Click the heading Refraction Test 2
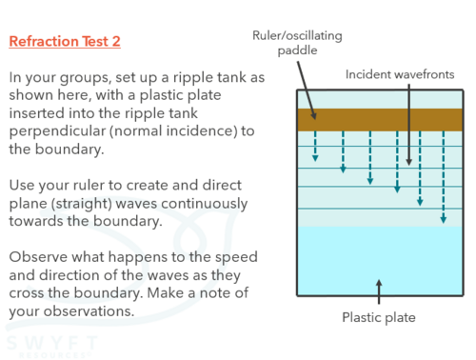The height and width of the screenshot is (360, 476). point(65,41)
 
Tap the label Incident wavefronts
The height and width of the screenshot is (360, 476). point(400,74)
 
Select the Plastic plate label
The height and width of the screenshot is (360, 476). point(379,317)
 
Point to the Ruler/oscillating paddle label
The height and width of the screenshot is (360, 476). point(297,43)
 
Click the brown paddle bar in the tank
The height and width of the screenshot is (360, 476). point(380,120)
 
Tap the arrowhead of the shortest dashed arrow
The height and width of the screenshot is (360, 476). point(315,158)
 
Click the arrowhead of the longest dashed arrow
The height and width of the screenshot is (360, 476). point(444,219)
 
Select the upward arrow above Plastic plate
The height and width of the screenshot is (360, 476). point(379,291)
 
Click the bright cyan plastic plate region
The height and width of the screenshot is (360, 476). point(380,261)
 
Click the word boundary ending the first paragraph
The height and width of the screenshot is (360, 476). point(69,150)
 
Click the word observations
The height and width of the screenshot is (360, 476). point(89,311)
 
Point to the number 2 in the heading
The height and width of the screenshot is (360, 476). point(116,41)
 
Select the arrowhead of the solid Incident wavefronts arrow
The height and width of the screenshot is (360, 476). point(409,162)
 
